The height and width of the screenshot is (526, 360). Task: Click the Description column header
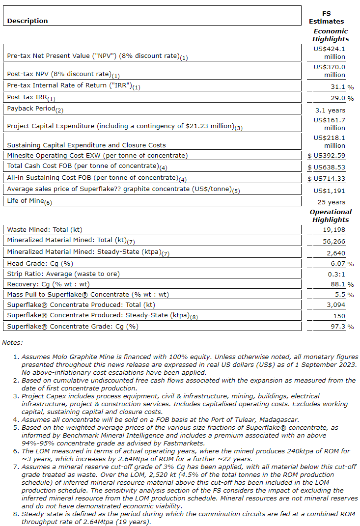coord(28,21)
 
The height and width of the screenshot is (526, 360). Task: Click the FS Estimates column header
coord(326,17)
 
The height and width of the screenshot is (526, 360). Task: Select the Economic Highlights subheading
coord(331,35)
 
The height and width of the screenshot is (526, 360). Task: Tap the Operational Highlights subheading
coord(331,216)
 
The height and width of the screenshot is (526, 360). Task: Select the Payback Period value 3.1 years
coord(330,111)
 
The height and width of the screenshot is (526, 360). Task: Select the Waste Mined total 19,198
coord(334,229)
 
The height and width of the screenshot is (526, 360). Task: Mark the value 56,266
coord(334,241)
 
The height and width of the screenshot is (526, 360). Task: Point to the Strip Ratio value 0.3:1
coord(336,274)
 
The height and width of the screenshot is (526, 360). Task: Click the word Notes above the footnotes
coord(12,342)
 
